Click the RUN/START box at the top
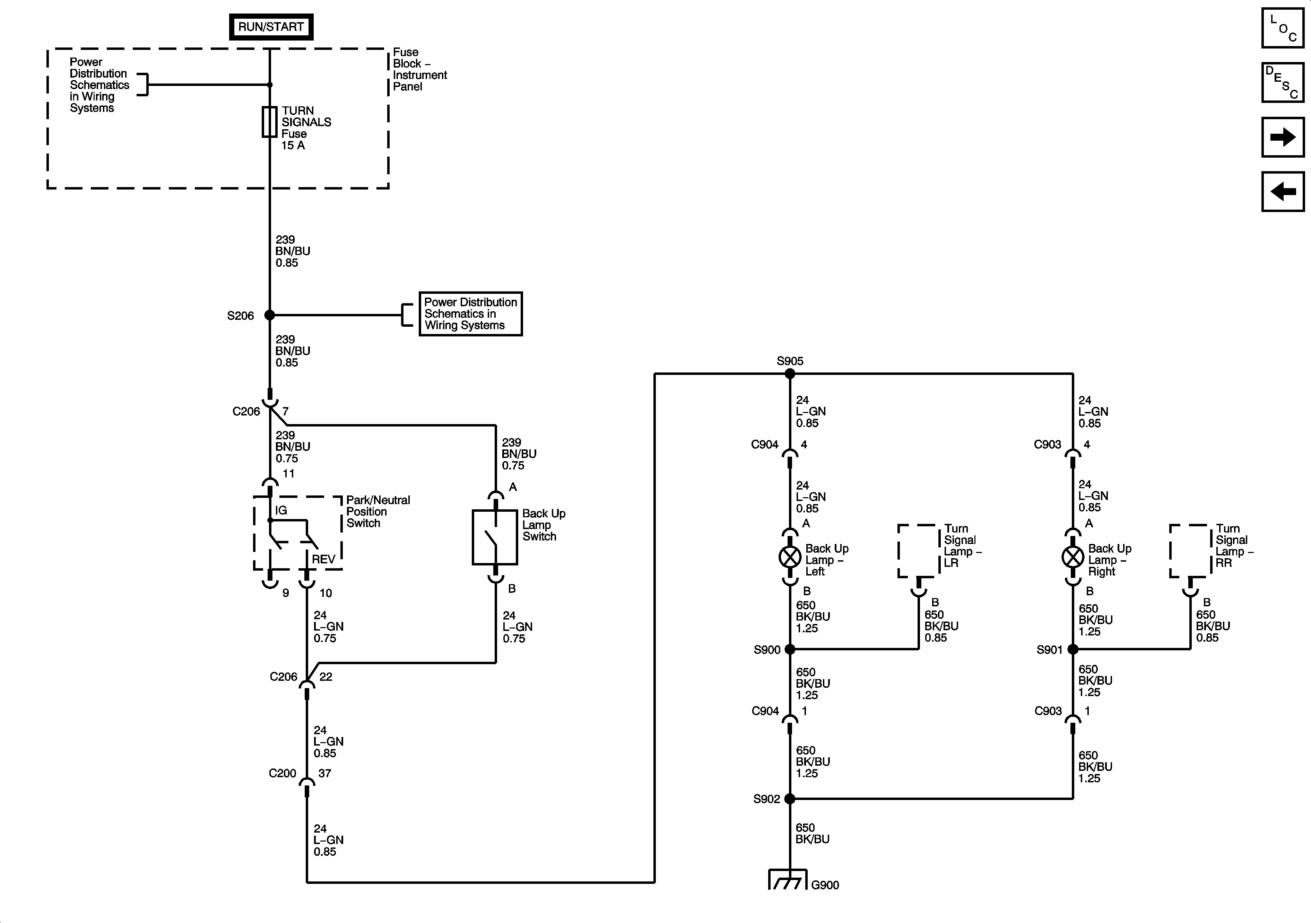click(271, 27)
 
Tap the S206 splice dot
click(269, 315)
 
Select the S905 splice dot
click(790, 374)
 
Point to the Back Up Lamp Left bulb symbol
click(790, 557)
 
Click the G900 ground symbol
click(788, 880)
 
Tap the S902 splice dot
click(790, 799)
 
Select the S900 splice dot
click(790, 649)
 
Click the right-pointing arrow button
click(1283, 137)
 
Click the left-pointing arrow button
click(1283, 191)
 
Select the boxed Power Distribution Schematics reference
click(470, 314)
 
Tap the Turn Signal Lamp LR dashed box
click(918, 551)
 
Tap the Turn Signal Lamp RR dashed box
click(1190, 551)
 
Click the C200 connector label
click(282, 773)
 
